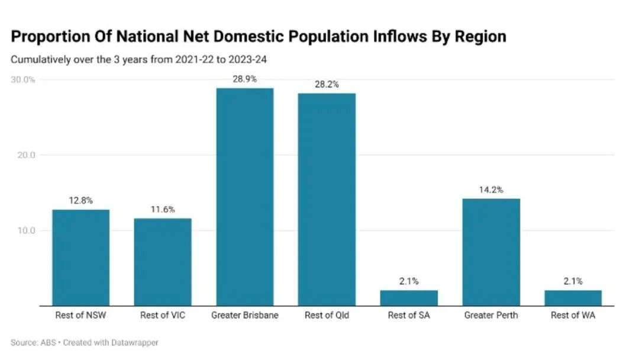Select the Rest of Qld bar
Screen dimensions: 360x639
(x=327, y=199)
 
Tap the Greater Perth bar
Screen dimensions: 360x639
(x=491, y=252)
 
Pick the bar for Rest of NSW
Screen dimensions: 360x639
(x=80, y=257)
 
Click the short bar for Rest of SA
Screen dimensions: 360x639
(x=409, y=298)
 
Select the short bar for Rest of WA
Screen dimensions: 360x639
(x=573, y=298)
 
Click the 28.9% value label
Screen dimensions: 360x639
(x=244, y=79)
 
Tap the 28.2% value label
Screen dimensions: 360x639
(x=327, y=84)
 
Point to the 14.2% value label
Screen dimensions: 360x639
(x=491, y=189)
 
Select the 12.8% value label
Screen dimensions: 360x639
(x=80, y=200)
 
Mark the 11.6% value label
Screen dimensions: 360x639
(x=163, y=209)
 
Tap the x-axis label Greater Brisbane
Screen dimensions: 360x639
(x=244, y=316)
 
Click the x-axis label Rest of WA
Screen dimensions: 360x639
(x=573, y=316)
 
